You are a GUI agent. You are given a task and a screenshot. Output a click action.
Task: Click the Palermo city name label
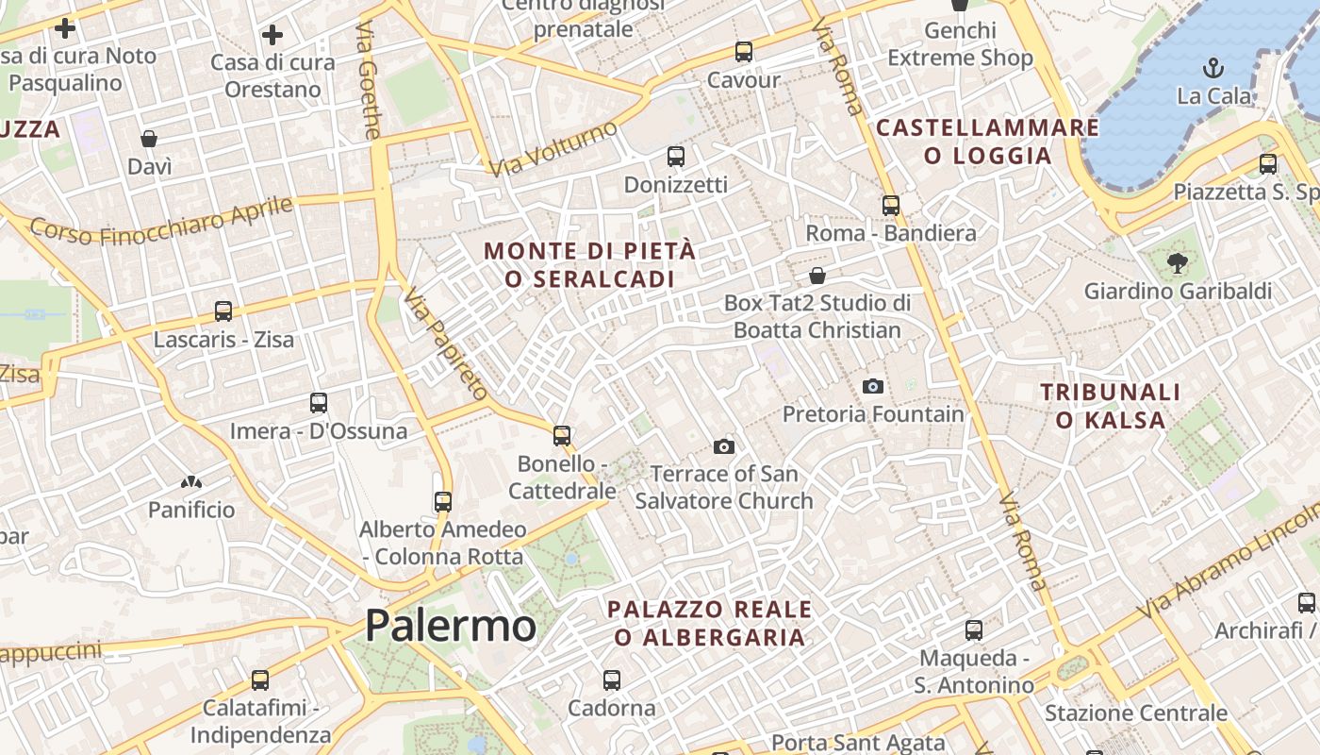coord(451,626)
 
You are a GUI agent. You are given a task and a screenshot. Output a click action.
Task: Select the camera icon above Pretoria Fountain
coord(873,386)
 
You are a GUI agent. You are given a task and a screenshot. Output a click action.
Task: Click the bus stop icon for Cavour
coord(744,52)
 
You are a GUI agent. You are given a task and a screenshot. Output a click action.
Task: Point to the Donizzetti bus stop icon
coord(676,157)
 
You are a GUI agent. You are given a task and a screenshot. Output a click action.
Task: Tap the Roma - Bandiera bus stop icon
coord(891,205)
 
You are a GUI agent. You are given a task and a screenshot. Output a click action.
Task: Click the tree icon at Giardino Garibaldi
coord(1177,263)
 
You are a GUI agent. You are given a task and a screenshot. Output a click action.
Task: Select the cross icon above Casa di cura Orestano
coord(272,36)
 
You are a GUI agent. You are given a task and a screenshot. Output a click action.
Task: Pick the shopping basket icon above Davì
coord(149,140)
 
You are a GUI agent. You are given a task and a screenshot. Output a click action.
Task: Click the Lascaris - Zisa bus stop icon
coord(223,310)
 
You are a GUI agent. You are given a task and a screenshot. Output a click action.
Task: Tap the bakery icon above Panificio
coord(191,482)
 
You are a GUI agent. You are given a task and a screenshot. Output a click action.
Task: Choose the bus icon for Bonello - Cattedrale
coord(562,435)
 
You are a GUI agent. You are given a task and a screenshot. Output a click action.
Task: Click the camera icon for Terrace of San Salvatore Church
coord(724,446)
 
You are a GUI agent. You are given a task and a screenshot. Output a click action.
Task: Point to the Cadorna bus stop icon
coord(612,679)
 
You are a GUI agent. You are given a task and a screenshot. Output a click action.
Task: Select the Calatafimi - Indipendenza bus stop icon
coord(260,679)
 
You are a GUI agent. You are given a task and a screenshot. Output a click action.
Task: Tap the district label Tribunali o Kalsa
coord(1111,406)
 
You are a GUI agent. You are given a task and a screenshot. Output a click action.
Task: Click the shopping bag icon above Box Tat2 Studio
coord(817,276)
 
